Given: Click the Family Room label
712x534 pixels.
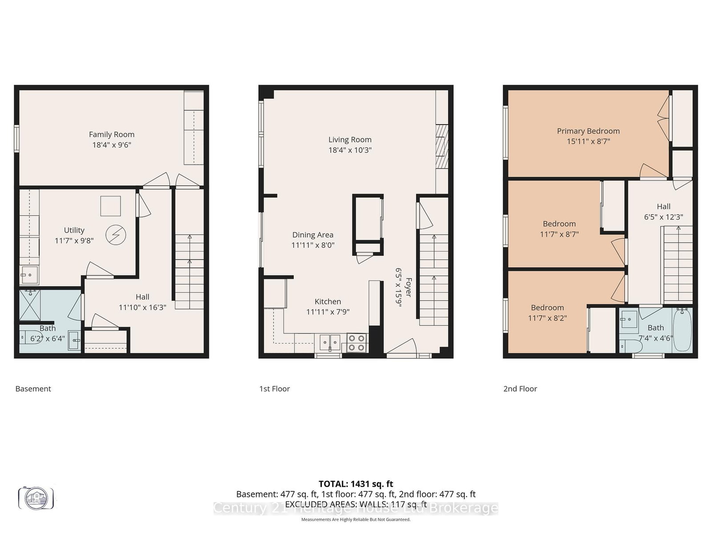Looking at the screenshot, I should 111,134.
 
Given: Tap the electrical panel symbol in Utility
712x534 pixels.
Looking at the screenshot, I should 116,235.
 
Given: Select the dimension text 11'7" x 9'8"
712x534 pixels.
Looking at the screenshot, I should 74,241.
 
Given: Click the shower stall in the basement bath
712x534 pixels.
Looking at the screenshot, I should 30,305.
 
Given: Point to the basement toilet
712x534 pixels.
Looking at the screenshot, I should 25,337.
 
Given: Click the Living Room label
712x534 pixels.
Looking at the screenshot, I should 350,140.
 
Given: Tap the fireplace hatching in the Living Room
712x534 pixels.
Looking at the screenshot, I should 441,146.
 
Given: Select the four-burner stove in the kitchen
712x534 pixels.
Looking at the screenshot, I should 357,343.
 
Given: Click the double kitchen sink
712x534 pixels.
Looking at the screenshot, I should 330,343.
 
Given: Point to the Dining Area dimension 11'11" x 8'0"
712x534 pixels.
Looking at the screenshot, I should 313,245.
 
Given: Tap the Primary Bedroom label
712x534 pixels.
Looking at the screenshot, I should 588,131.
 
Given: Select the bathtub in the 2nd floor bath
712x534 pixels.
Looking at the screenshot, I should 682,330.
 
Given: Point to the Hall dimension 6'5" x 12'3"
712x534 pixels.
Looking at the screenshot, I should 663,217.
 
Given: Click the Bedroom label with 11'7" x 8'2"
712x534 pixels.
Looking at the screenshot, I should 547,307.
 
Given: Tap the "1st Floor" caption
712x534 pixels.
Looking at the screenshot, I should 274,388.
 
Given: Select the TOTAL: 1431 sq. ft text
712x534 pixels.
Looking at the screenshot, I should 356,484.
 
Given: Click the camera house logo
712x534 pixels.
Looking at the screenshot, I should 36,498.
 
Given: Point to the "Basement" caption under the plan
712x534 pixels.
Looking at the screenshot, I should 33,388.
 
